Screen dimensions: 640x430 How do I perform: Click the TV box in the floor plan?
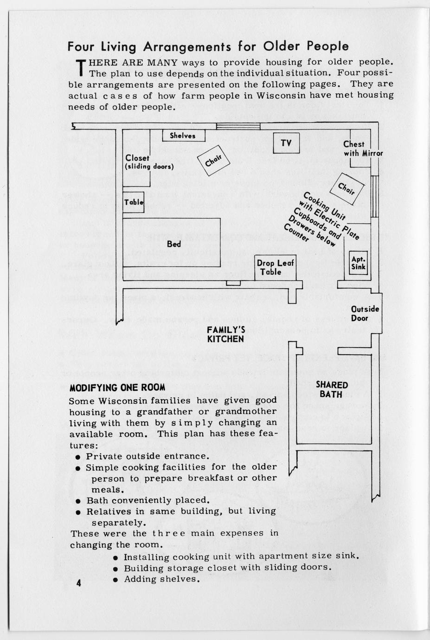click(286, 143)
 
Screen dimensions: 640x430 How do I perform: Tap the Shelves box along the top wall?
click(184, 136)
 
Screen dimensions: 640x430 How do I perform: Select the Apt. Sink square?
click(358, 263)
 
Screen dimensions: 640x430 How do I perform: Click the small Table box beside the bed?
click(134, 202)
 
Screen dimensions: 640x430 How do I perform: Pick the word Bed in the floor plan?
click(174, 244)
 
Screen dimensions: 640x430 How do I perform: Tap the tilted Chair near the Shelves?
click(212, 161)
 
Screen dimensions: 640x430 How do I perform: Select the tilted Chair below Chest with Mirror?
click(346, 187)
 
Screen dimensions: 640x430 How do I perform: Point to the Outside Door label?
click(365, 314)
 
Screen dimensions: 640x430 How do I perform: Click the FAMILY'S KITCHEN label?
click(225, 334)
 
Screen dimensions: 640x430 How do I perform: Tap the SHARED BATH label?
click(331, 389)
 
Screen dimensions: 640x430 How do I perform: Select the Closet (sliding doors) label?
click(149, 162)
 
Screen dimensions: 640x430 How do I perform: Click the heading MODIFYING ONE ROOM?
click(117, 388)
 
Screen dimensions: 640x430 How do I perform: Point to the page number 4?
click(79, 583)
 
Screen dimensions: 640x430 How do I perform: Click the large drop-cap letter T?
click(81, 68)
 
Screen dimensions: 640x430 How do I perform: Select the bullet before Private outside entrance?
click(78, 456)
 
